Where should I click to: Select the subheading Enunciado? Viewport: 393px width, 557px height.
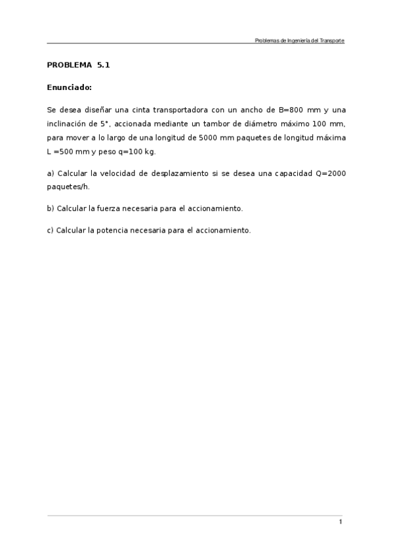click(69, 87)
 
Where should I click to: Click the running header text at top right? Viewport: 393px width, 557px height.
click(299, 41)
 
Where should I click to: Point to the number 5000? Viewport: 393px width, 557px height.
click(209, 138)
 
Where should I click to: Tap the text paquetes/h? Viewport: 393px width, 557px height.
click(68, 187)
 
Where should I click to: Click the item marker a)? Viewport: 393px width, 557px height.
click(51, 173)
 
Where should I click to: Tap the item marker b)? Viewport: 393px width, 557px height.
click(51, 209)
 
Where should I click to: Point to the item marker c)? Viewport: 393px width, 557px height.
click(51, 231)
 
